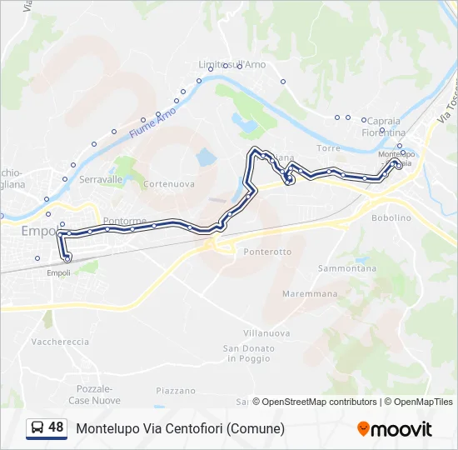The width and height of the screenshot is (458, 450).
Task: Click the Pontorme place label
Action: point(127,221)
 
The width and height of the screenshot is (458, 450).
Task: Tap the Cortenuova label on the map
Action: point(169,183)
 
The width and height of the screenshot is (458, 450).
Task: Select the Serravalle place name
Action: point(101,179)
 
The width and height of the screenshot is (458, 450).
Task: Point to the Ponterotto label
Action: point(267,251)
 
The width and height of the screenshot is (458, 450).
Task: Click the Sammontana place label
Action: point(347,268)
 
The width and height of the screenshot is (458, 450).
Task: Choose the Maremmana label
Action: point(310,294)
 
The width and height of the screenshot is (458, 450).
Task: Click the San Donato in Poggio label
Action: point(246,353)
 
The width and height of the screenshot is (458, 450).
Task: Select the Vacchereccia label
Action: point(59,342)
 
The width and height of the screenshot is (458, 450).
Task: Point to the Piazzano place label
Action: point(175,391)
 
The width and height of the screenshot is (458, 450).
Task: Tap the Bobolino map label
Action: point(391,217)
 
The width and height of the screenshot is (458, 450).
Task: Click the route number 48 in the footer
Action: point(56,427)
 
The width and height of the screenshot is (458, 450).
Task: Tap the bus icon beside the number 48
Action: point(37,428)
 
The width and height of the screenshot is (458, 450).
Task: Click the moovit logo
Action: point(395,428)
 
